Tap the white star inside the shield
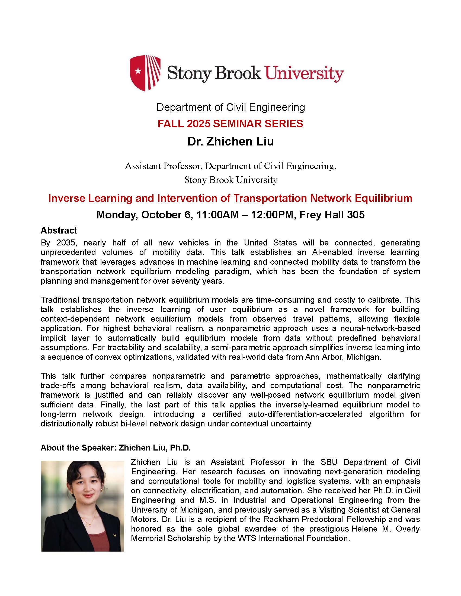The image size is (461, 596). [138, 72]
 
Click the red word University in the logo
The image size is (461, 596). [305, 74]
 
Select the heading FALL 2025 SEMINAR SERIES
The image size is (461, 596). [230, 124]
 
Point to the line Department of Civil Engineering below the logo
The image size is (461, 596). [230, 107]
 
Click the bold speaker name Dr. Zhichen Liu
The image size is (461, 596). [230, 142]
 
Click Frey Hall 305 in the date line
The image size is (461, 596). [332, 215]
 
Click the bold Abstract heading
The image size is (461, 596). [59, 231]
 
